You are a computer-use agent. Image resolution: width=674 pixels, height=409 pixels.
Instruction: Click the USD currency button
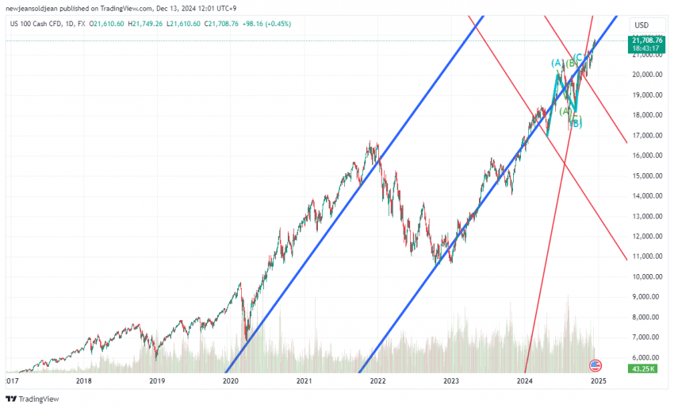[x=641, y=25]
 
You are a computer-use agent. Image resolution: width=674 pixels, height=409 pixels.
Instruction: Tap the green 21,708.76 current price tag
[x=647, y=40]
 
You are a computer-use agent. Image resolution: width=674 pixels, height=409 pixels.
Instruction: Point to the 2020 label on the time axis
[x=231, y=381]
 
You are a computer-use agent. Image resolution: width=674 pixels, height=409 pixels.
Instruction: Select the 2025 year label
[x=599, y=381]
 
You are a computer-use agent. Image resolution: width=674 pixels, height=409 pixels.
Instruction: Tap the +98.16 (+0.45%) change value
[x=266, y=24]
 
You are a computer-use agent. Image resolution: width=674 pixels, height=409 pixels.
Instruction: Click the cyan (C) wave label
[x=579, y=57]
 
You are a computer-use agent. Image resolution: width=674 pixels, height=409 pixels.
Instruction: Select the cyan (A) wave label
[x=557, y=63]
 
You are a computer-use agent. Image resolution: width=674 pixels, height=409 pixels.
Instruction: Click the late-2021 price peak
[x=370, y=144]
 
